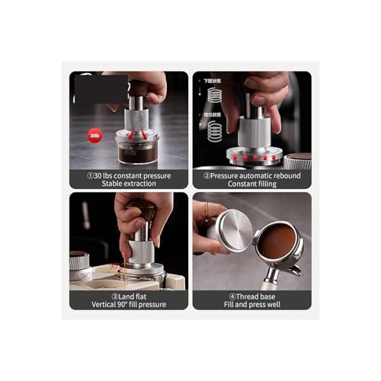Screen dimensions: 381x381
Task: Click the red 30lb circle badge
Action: (x=94, y=136)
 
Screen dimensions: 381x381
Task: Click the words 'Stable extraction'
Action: (x=130, y=184)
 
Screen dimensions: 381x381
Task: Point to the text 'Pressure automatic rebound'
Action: (x=252, y=174)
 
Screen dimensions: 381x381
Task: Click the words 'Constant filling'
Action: (x=252, y=184)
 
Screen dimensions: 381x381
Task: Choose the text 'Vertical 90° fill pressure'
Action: (x=130, y=304)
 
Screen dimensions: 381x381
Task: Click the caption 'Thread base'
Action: (x=252, y=296)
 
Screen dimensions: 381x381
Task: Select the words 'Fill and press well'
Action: (x=252, y=304)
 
